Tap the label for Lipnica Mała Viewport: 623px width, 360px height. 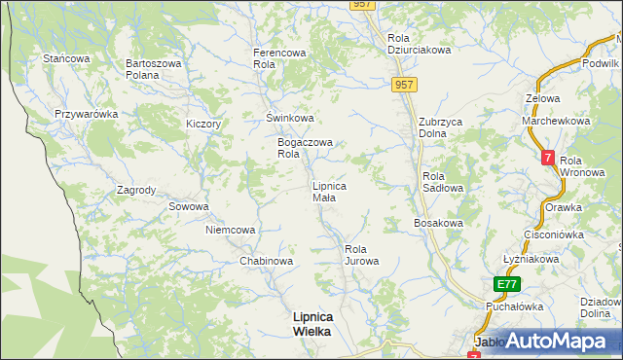pos(328,191)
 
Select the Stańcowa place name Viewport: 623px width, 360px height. pos(66,58)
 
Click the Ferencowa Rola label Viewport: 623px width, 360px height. pos(279,57)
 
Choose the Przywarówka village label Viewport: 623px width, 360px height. pos(87,114)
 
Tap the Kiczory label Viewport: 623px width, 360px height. pos(204,125)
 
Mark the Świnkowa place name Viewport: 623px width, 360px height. pos(290,118)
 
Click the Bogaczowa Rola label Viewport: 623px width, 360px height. pos(305,148)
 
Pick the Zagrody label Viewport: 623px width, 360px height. pos(136,190)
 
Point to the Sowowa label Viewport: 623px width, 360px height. pos(189,206)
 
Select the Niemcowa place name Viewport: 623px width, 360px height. pos(231,230)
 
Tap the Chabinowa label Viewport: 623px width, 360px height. pos(267,261)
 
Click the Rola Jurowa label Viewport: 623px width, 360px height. pos(361,255)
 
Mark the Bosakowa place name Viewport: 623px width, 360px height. pos(438,223)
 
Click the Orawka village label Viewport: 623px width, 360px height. pos(563,207)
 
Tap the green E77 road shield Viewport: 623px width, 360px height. pos(506,284)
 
